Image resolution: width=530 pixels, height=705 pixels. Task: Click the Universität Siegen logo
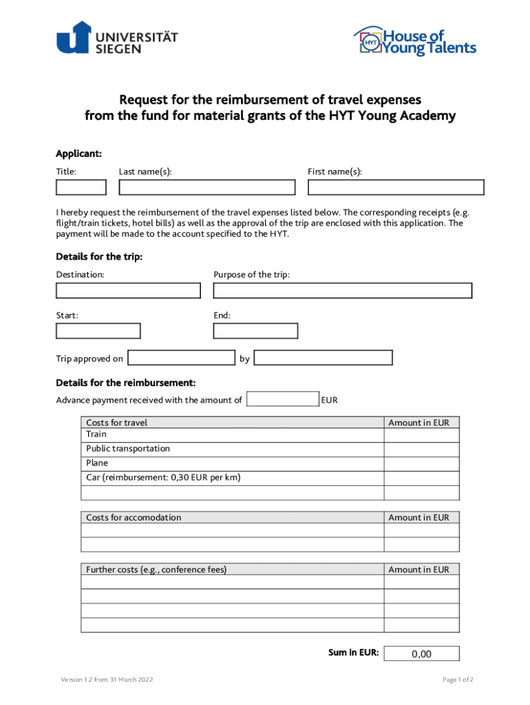pyautogui.click(x=117, y=38)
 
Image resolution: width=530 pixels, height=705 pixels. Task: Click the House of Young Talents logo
pyautogui.click(x=414, y=41)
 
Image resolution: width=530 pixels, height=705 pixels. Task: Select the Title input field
pyautogui.click(x=81, y=187)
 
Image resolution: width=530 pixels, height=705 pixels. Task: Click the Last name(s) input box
pyautogui.click(x=206, y=187)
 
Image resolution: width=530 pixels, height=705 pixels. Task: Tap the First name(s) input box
pyautogui.click(x=396, y=187)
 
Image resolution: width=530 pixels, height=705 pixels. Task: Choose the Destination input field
pyautogui.click(x=128, y=291)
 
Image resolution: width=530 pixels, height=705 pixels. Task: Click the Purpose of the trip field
pyautogui.click(x=343, y=291)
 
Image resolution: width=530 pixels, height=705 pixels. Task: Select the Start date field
pyautogui.click(x=98, y=331)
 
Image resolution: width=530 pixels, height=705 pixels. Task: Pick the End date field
pyautogui.click(x=255, y=331)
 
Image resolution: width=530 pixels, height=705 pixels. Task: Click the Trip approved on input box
pyautogui.click(x=182, y=357)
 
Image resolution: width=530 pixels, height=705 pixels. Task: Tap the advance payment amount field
pyautogui.click(x=282, y=399)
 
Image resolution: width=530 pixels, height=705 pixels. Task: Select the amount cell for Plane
pyautogui.click(x=421, y=464)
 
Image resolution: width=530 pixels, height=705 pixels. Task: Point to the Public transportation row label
pyautogui.click(x=128, y=449)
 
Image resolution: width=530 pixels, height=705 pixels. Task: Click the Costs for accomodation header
pyautogui.click(x=134, y=518)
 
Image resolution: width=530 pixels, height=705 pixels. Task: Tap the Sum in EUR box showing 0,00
pyautogui.click(x=421, y=654)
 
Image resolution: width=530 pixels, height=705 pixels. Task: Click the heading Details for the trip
pyautogui.click(x=99, y=257)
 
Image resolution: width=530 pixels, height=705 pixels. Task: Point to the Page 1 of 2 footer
pyautogui.click(x=458, y=680)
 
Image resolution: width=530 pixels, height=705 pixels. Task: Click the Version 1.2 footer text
pyautogui.click(x=107, y=680)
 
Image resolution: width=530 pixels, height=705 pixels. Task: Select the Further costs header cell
pyautogui.click(x=156, y=569)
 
